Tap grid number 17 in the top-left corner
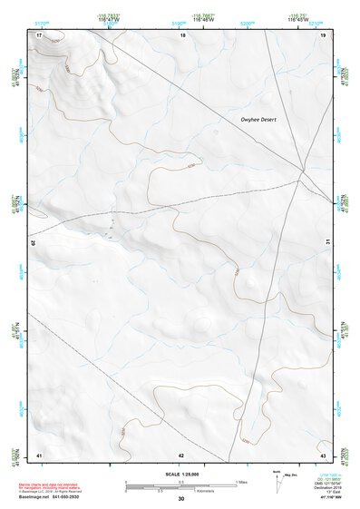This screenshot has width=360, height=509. (40, 34)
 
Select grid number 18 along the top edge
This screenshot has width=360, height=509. (182, 34)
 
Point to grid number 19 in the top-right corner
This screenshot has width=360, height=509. (323, 34)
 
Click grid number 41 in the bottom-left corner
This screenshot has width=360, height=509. (39, 453)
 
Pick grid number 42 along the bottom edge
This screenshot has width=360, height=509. (181, 453)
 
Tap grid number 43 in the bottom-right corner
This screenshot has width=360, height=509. (323, 453)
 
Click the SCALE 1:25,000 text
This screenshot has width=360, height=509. (180, 473)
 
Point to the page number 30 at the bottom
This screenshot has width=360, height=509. (180, 499)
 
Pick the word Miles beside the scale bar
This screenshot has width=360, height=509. (241, 481)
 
